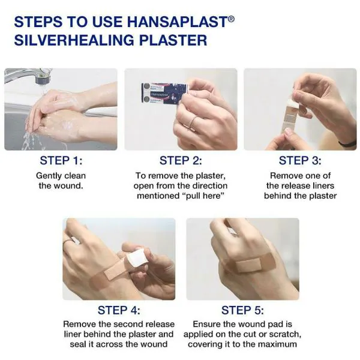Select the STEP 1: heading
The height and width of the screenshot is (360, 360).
pyautogui.click(x=61, y=161)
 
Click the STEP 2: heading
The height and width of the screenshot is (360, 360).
pyautogui.click(x=181, y=161)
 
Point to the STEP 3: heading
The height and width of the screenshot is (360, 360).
pyautogui.click(x=300, y=161)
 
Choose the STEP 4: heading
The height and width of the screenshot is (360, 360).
pyautogui.click(x=119, y=310)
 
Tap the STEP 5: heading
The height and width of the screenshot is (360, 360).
pyautogui.click(x=242, y=310)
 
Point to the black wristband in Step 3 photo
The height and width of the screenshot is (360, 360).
pyautogui.click(x=347, y=143)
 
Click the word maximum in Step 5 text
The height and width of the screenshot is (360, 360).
pyautogui.click(x=275, y=345)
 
